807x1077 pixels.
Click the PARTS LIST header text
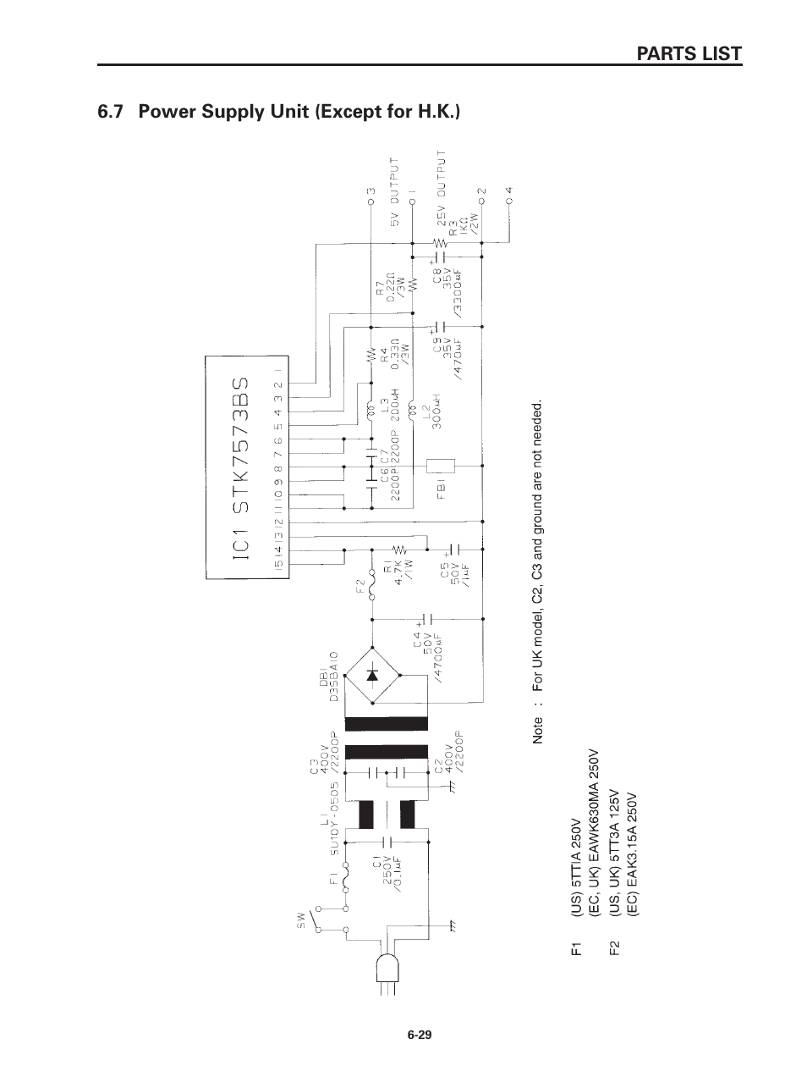coord(689,53)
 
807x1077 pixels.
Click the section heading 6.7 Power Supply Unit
coord(279,112)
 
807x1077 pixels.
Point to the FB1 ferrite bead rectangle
coord(442,467)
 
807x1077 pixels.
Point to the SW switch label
coord(300,920)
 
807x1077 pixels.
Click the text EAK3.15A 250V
coord(632,856)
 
